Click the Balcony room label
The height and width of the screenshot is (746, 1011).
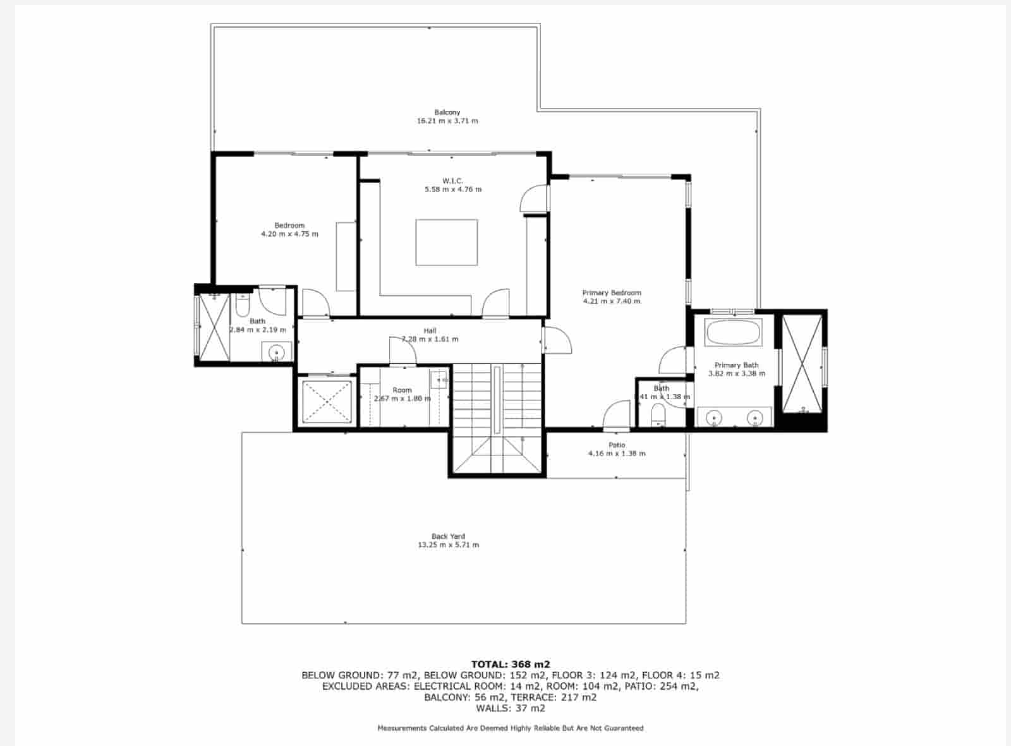[447, 112]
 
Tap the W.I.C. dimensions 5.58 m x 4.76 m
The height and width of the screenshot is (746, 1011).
[452, 190]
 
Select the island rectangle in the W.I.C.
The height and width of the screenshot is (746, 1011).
[446, 243]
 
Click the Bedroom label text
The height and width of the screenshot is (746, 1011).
[289, 226]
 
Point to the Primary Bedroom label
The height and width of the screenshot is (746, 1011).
[611, 293]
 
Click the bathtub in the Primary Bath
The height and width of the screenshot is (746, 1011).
[733, 333]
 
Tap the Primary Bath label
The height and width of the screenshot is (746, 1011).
[736, 365]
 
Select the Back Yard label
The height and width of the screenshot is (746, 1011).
[448, 536]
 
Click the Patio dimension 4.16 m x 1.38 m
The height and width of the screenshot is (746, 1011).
[616, 454]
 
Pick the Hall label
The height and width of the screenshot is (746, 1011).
[430, 331]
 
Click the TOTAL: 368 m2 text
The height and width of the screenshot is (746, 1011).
[511, 664]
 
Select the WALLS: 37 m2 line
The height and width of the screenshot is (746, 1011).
[511, 708]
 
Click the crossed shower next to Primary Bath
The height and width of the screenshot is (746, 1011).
[802, 363]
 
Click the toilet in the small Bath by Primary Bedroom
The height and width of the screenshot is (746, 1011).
[658, 415]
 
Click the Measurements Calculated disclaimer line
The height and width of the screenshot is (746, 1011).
[511, 728]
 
